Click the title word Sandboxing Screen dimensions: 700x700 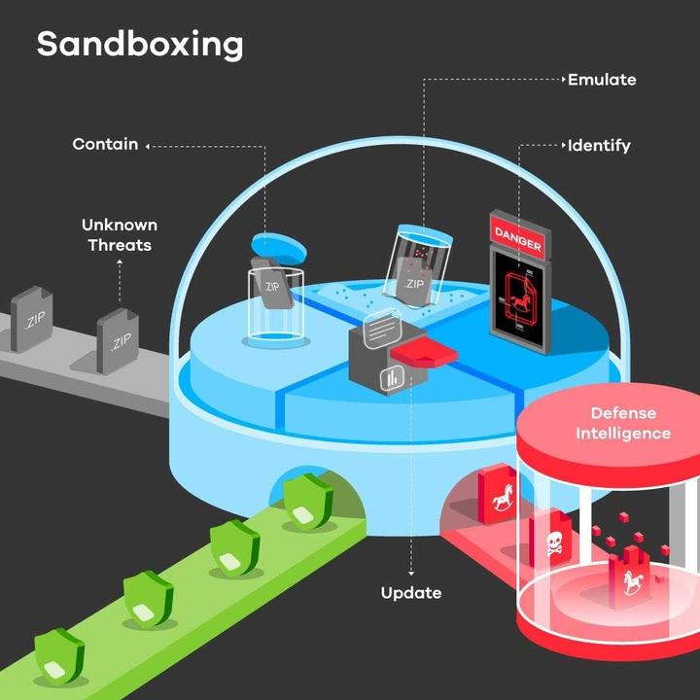pos(140,44)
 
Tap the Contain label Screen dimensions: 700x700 pos(104,144)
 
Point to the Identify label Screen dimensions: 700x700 pos(599,146)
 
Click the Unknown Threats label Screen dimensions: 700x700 pos(120,234)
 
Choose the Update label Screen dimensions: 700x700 pos(410,592)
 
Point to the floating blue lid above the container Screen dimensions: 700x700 pos(278,245)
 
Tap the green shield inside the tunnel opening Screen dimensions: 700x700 pos(310,499)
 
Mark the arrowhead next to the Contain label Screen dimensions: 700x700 pos(149,146)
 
